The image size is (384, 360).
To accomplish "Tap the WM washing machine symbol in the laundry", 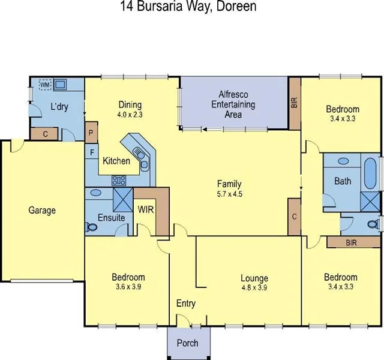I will tap(44, 85).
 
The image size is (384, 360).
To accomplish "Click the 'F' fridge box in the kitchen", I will tap(92, 152).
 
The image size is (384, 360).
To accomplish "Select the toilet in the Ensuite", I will tap(92, 227).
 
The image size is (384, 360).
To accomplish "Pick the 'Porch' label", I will tap(187, 344).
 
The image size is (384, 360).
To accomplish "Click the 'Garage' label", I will tap(42, 211).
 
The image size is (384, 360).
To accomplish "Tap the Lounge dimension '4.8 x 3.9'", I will tap(254, 287).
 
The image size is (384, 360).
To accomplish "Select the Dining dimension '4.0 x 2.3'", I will tap(130, 113).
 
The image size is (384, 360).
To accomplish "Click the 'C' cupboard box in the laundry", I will tap(46, 133).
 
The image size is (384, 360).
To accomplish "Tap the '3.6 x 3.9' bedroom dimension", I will tap(128, 287).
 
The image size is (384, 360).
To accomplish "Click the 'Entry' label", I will tap(186, 304).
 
